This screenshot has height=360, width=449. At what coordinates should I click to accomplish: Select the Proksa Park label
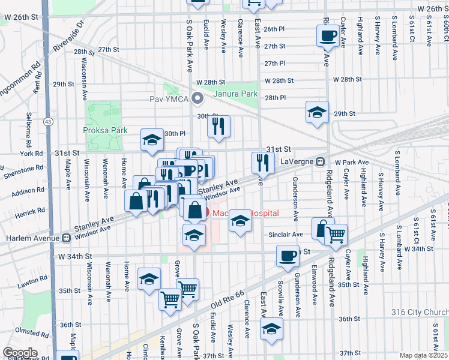point(101,130)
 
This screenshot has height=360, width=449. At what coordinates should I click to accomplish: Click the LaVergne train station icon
point(321,161)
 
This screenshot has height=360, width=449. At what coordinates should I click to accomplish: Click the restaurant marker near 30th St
point(218,126)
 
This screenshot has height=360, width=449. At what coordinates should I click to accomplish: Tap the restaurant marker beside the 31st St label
point(263,161)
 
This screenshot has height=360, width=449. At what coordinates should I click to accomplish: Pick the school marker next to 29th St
point(317,112)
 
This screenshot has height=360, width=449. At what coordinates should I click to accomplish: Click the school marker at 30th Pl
point(152,140)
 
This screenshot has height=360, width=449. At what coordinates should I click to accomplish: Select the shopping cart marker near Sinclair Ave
point(336,234)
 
